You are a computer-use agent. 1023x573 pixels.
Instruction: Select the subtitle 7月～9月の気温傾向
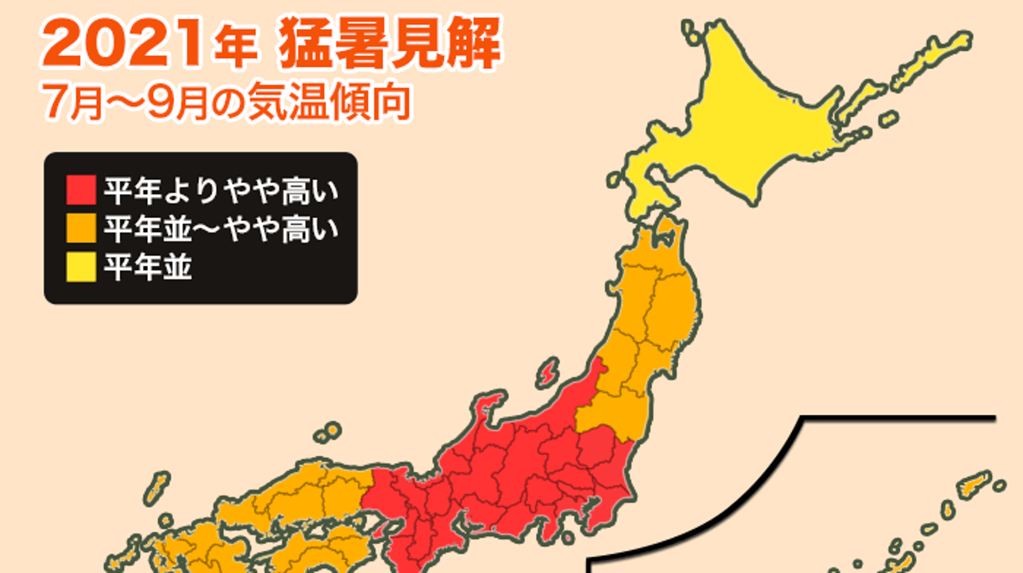[x=226, y=102]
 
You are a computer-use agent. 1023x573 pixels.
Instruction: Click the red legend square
[x=81, y=190]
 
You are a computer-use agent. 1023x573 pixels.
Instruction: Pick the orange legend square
[x=81, y=228]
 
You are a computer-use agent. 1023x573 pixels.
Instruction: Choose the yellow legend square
[x=81, y=267]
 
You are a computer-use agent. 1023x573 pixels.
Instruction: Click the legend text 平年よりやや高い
[x=221, y=190]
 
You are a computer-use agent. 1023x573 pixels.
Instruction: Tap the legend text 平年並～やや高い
[x=221, y=228]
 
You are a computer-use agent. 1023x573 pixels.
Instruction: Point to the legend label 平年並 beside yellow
[x=147, y=267]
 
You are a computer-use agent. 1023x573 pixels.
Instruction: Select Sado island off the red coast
[x=548, y=372]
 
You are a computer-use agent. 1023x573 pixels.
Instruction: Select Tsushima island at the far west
[x=156, y=488]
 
